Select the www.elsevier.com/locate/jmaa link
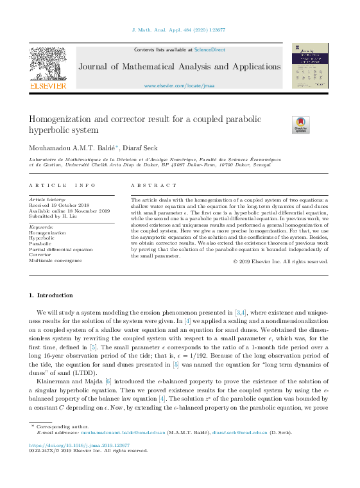click(179, 85)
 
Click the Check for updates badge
click(300, 125)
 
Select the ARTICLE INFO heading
click(62, 186)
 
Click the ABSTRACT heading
click(153, 186)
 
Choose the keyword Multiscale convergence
click(55, 261)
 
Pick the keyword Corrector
click(40, 255)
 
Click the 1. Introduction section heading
click(51, 295)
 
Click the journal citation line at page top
click(179, 30)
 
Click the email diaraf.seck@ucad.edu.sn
click(240, 432)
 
